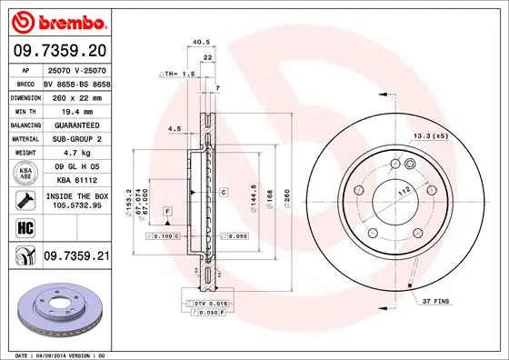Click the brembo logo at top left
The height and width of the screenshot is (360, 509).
pyautogui.click(x=56, y=20)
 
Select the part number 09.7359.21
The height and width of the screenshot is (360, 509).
pyautogui.click(x=77, y=257)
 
